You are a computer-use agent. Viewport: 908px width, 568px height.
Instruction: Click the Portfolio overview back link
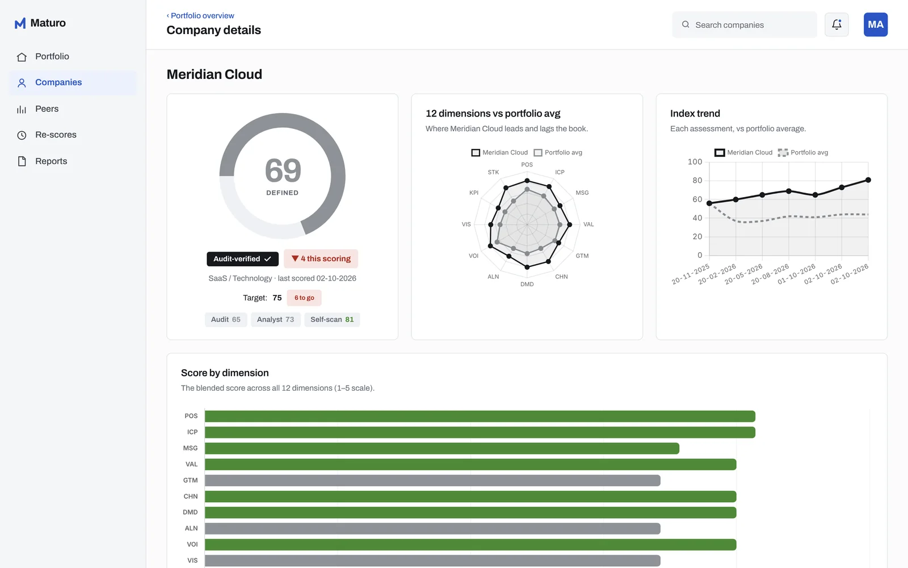click(200, 15)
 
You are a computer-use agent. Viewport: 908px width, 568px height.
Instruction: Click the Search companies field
click(744, 25)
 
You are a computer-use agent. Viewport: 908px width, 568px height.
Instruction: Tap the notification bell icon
click(836, 25)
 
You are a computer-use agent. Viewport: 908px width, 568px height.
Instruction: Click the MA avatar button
click(876, 25)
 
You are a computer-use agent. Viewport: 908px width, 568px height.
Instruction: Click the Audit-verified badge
click(242, 259)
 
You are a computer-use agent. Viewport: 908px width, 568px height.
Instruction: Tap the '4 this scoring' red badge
click(321, 259)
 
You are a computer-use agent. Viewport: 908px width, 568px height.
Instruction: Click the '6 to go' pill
click(304, 298)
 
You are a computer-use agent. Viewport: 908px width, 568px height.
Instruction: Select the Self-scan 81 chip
click(332, 320)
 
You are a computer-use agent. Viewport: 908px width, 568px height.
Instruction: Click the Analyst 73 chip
click(276, 320)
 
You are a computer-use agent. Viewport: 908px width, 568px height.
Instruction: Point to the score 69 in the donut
click(283, 170)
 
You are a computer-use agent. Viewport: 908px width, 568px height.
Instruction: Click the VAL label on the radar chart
click(588, 224)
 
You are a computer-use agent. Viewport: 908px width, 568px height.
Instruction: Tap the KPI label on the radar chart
click(473, 193)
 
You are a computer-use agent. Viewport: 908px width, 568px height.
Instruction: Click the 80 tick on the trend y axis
click(697, 181)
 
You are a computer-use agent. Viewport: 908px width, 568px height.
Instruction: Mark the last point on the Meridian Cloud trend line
click(868, 180)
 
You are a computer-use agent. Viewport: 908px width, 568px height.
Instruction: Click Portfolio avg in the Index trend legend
click(803, 153)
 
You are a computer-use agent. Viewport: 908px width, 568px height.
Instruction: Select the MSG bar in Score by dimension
click(442, 448)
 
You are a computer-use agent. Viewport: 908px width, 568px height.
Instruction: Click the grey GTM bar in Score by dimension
click(432, 481)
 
